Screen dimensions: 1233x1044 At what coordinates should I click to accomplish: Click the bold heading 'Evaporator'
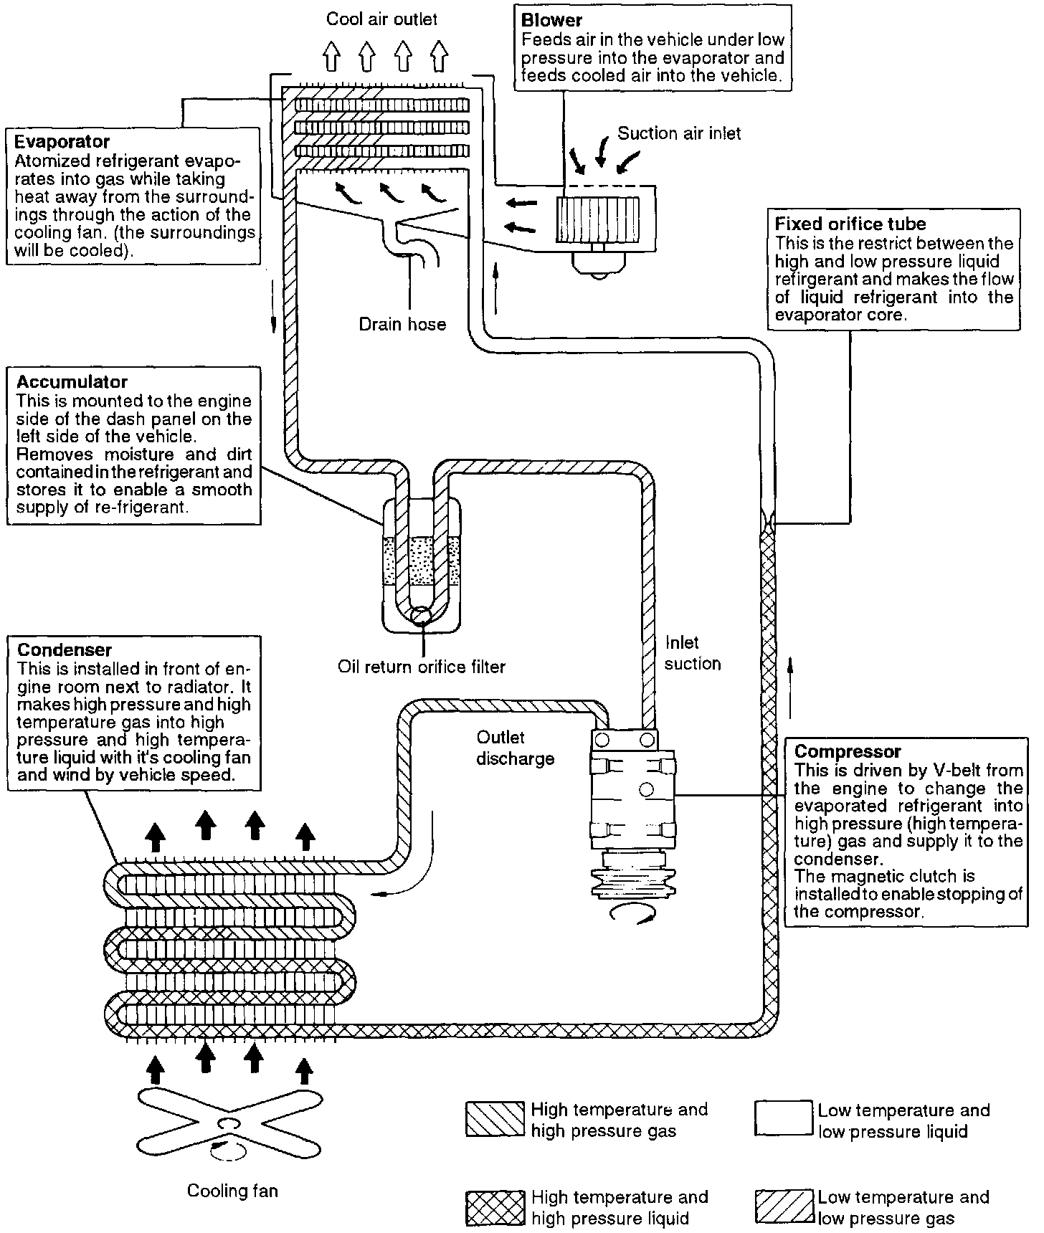tap(62, 142)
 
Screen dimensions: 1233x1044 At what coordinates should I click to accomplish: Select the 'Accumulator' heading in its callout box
tap(72, 382)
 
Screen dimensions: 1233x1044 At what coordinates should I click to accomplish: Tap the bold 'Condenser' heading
tap(65, 650)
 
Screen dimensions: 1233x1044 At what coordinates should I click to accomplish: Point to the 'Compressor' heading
tap(848, 752)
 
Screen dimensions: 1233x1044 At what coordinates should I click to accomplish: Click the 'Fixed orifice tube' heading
tap(850, 224)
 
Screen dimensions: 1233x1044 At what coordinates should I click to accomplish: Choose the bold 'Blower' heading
tap(552, 20)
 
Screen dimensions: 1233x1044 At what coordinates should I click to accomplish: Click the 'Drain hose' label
tap(402, 325)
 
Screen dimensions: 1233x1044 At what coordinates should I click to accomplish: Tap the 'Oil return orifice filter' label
tap(422, 667)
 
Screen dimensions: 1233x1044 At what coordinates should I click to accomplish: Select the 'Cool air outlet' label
tap(381, 19)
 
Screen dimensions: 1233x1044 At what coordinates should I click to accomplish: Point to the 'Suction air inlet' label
tap(679, 133)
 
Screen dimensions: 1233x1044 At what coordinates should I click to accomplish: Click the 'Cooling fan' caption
tap(232, 1191)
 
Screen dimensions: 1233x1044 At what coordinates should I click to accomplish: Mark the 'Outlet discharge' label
tap(515, 748)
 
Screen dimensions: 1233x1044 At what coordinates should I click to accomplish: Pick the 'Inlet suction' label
tap(691, 653)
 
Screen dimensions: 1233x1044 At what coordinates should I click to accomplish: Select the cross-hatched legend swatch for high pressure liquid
tap(495, 1207)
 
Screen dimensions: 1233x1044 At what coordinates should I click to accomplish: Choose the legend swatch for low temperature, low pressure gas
tap(784, 1207)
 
